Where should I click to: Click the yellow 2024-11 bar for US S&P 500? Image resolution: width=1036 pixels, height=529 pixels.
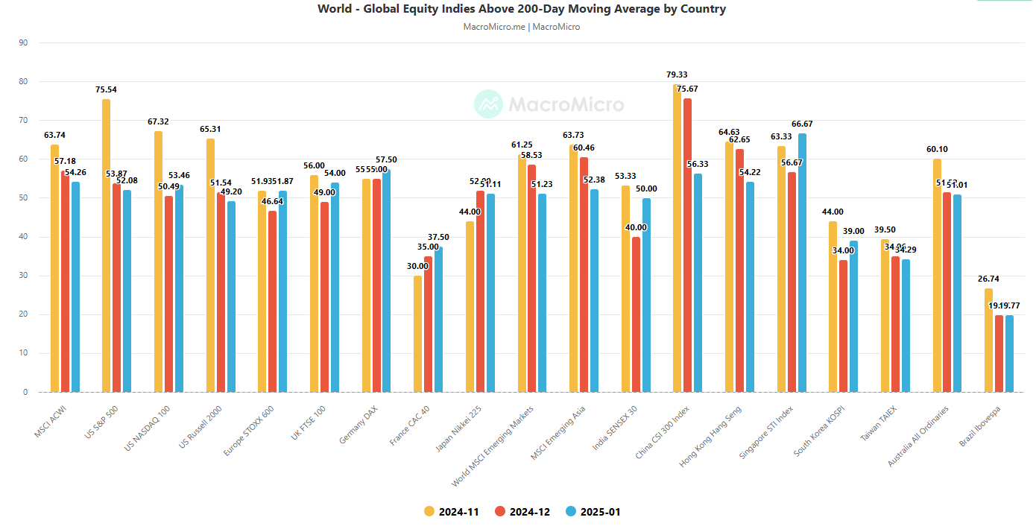106,246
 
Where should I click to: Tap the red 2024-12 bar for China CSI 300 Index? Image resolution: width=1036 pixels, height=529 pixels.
687,245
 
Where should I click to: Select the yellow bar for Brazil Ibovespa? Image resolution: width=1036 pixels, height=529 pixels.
988,340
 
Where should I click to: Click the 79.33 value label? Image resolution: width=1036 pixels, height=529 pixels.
677,75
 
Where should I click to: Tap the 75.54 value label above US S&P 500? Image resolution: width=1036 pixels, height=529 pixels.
106,89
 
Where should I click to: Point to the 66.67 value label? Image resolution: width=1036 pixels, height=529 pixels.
802,124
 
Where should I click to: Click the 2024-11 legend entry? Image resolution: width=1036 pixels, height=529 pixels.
451,512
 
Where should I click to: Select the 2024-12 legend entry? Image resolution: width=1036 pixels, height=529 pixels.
522,512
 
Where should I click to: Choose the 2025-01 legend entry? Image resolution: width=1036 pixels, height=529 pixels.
593,512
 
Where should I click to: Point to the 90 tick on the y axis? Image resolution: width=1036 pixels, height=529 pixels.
22,43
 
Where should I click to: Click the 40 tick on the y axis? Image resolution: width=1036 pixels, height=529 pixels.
22,237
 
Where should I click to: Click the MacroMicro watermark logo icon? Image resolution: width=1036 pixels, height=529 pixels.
489,104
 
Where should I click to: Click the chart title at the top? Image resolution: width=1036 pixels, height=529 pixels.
521,9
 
